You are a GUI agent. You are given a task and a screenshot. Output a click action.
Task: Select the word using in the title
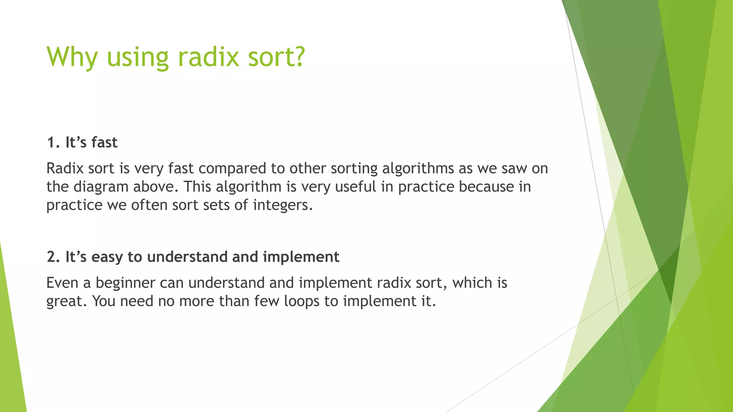coord(137,57)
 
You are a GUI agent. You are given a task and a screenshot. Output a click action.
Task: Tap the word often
coord(149,205)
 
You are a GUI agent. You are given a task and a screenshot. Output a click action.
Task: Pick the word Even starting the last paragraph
coord(62,283)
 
